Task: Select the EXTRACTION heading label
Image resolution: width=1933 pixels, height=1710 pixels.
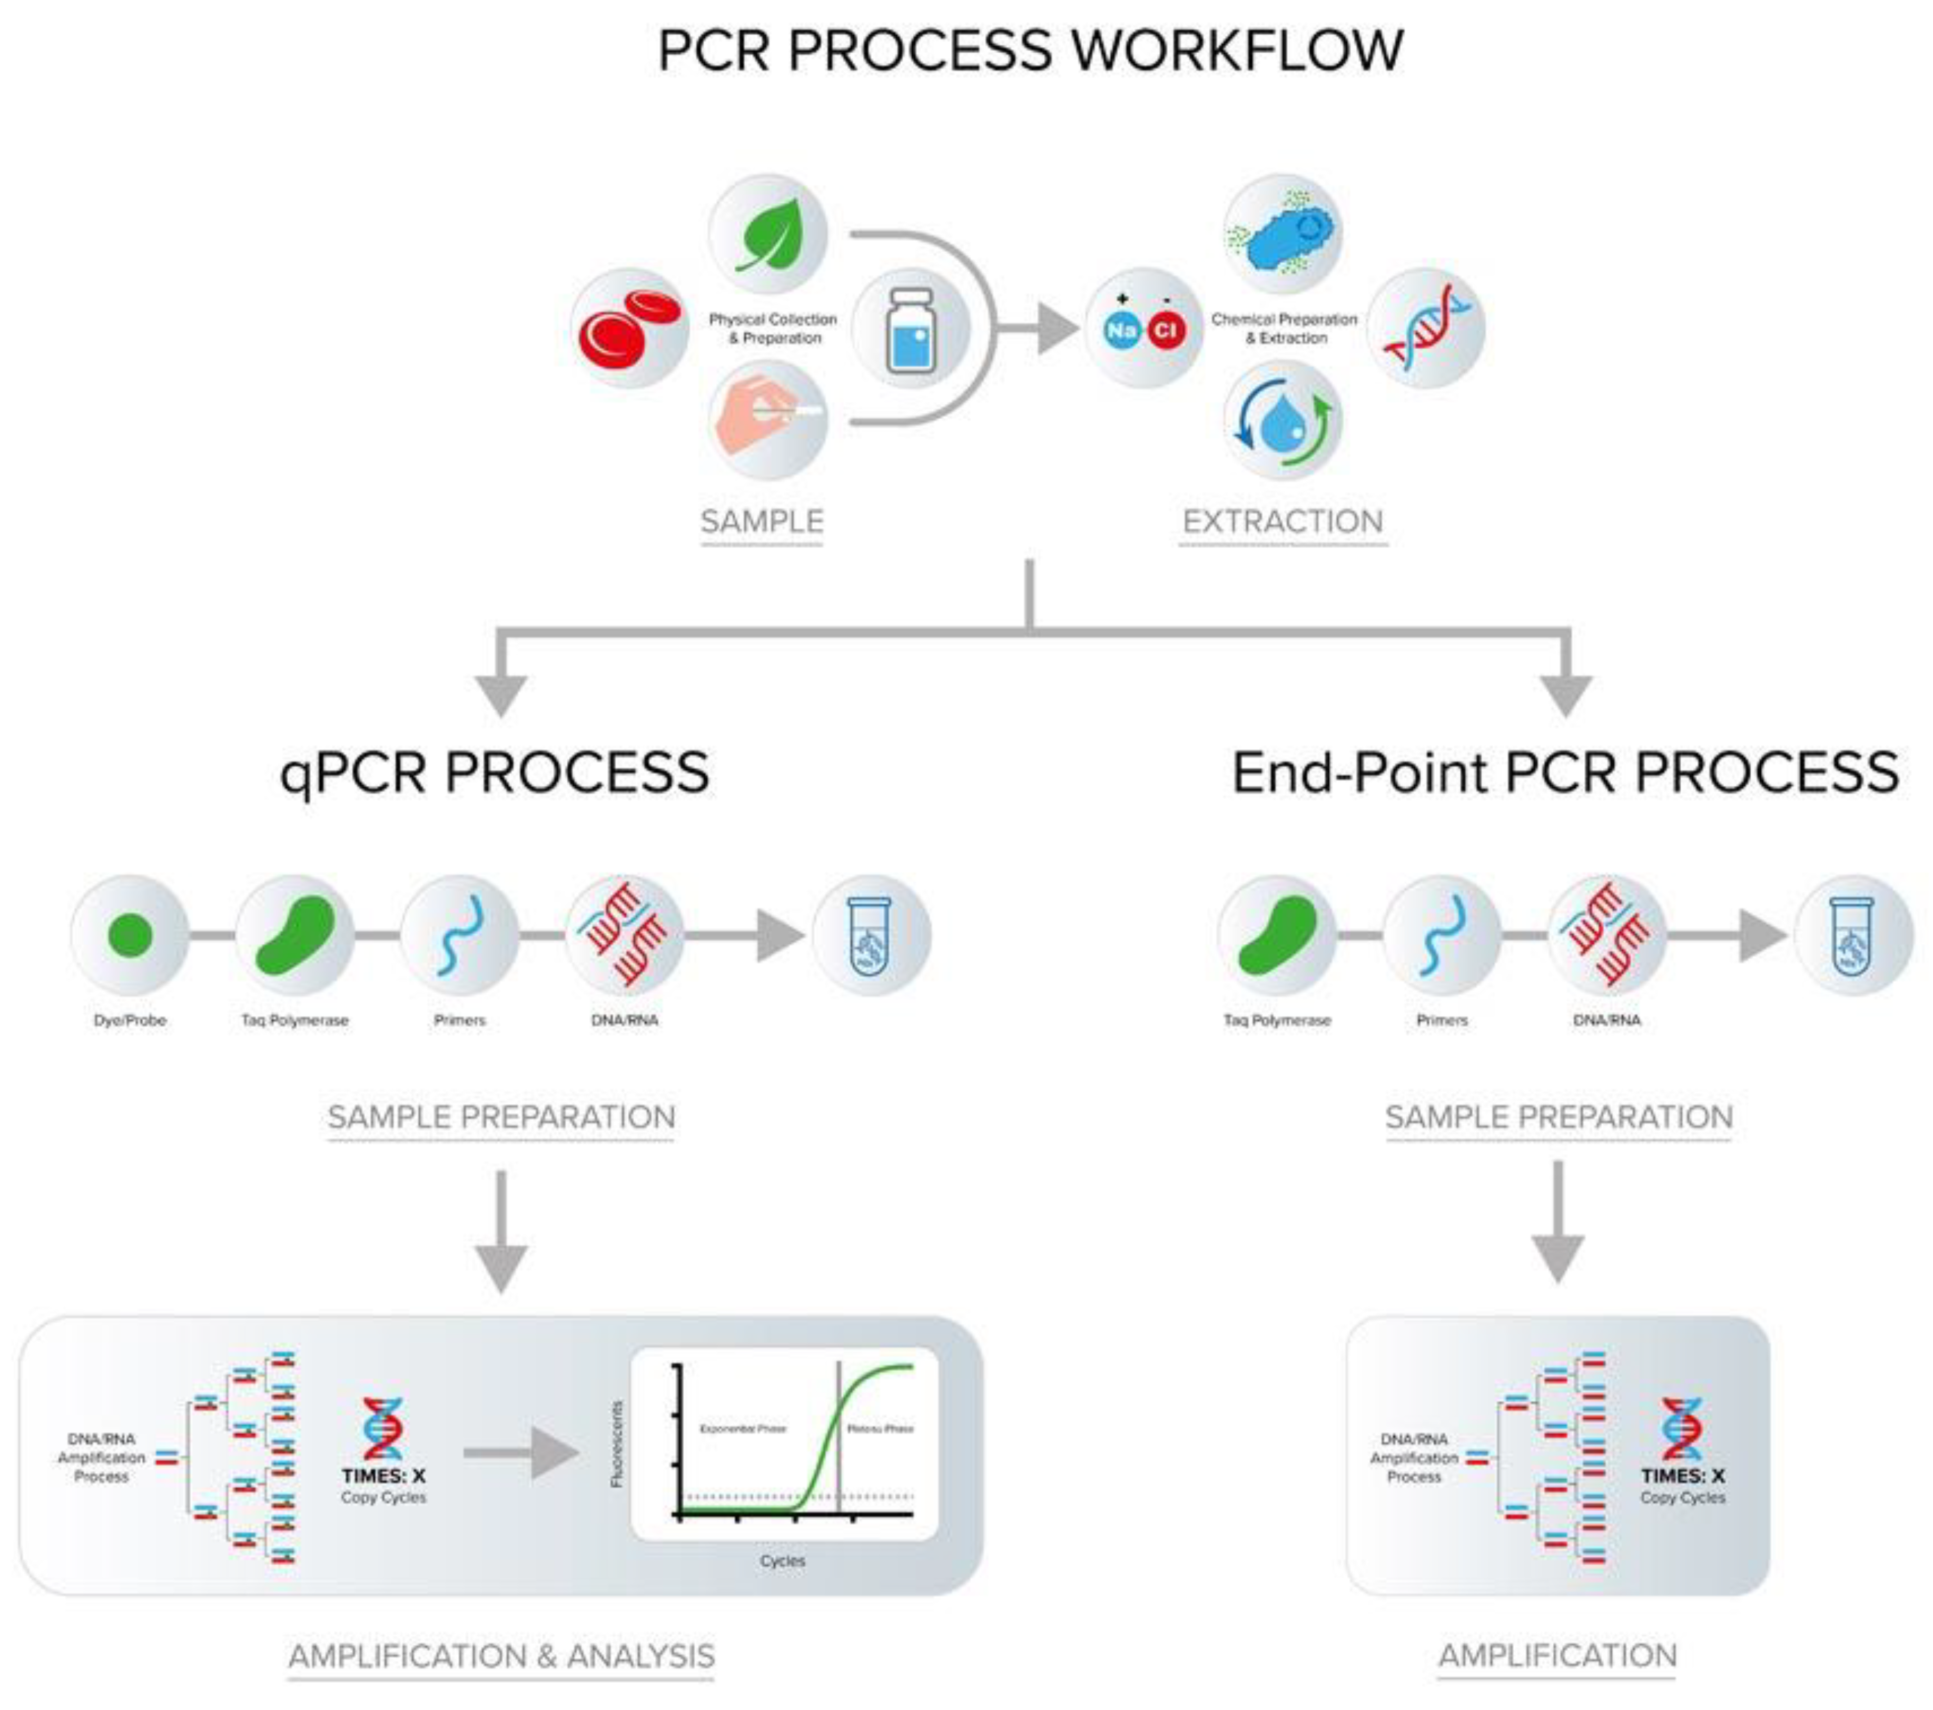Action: pos(1283,521)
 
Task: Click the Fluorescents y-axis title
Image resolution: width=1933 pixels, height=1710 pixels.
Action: pos(617,1444)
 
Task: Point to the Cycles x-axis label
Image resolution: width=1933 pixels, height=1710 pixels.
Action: pos(782,1560)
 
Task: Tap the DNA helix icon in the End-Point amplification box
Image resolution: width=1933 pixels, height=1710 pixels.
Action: pos(1682,1428)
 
